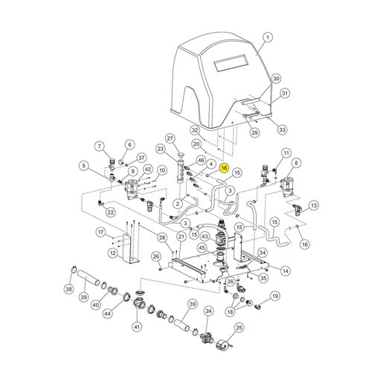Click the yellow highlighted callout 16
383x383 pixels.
pos(224,168)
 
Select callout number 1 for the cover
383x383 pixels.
pos(268,38)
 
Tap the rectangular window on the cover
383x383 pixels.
pos(231,62)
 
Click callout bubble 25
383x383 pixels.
pos(239,328)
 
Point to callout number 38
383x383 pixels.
pos(68,289)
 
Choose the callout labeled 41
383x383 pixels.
pos(137,327)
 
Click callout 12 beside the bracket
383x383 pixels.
pos(113,253)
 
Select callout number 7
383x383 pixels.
pos(100,147)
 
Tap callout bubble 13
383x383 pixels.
pos(314,205)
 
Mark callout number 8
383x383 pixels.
pos(296,163)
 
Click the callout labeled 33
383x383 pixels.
pos(283,129)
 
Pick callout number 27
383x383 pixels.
pos(170,138)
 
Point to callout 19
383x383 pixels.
pos(275,296)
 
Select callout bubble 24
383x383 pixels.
pos(208,311)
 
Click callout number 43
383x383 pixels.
pos(205,236)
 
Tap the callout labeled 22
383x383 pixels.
pos(111,212)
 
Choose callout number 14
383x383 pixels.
pos(286,271)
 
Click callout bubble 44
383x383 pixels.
pos(107,314)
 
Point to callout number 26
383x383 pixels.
pos(156,257)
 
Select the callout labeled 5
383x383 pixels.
pos(84,166)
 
